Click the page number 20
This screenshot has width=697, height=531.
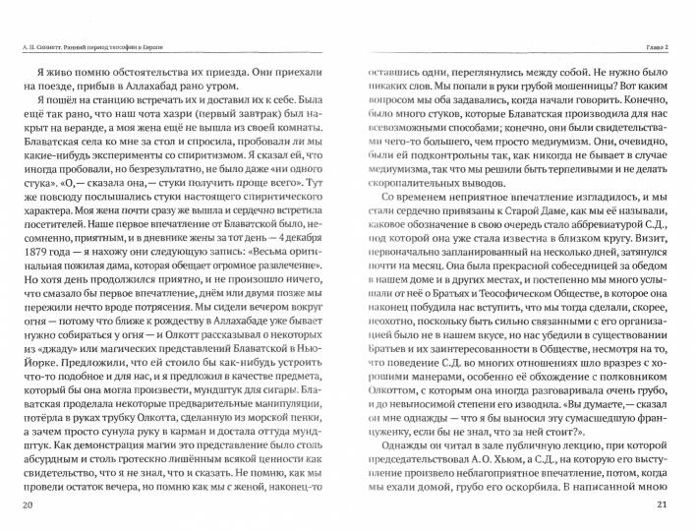pos(26,505)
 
